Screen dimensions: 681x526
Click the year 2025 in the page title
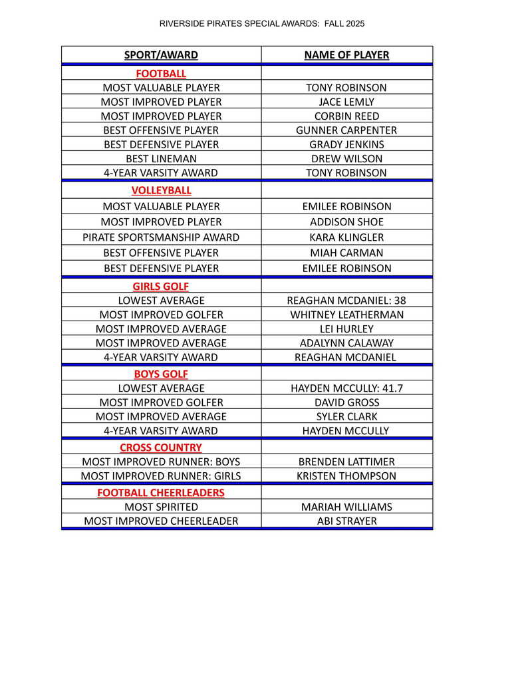354,24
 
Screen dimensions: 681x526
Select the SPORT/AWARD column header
161,55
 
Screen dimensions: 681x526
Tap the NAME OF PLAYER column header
346,55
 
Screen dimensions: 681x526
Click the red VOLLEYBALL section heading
161,191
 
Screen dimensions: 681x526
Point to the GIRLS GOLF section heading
161,287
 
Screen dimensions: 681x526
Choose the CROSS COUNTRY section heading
161,448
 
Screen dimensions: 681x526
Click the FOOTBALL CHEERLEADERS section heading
161,493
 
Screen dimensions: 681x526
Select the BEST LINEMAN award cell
161,159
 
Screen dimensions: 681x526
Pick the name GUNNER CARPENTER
346,130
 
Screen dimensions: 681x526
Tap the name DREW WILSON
346,159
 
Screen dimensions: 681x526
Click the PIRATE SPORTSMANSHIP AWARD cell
161,237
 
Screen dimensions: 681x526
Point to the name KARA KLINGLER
346,237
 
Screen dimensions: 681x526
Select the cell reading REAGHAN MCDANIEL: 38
346,301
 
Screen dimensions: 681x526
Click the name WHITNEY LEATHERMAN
346,315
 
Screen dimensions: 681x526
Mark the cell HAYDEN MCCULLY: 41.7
346,388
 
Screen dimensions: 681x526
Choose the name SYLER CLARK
346,417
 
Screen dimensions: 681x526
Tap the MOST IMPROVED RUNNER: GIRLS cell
161,476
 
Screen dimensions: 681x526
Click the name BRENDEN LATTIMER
346,462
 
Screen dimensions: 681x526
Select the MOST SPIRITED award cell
161,507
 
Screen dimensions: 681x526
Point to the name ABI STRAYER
346,521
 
